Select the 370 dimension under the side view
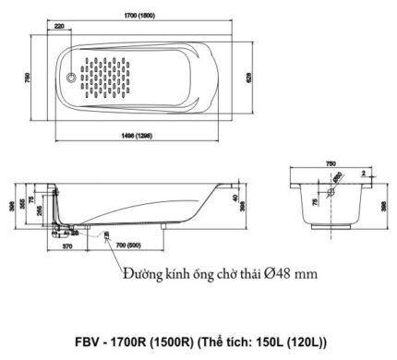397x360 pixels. [x=67, y=247]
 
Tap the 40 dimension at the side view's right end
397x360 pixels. [x=236, y=197]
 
